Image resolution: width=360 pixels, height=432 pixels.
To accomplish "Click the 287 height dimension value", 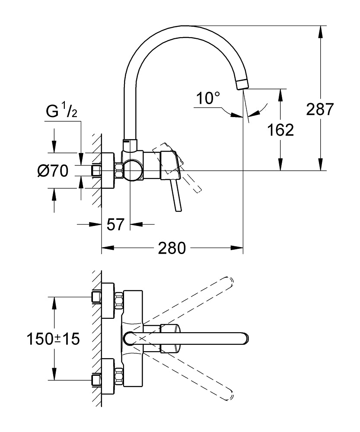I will pyautogui.click(x=320, y=109).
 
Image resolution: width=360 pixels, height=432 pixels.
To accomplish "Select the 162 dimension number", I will pyautogui.click(x=280, y=130).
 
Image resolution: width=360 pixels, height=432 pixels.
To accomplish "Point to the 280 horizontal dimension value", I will pyautogui.click(x=172, y=248).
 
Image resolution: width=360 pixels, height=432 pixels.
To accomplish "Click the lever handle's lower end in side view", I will pyautogui.click(x=178, y=209).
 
